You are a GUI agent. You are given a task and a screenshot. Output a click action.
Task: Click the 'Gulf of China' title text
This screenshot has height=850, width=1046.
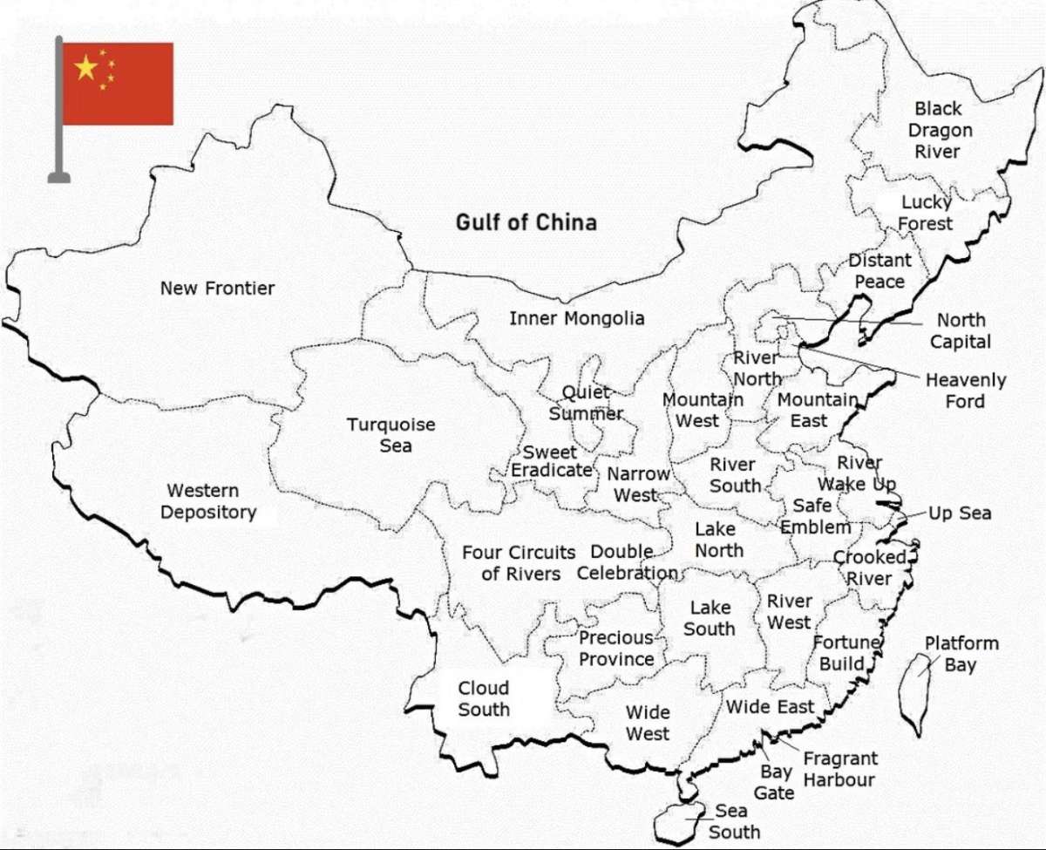coord(526,222)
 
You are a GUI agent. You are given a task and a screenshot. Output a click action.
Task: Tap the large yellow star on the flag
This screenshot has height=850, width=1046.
coord(86,68)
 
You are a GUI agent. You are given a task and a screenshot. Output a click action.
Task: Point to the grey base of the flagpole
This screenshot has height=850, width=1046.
coord(58,178)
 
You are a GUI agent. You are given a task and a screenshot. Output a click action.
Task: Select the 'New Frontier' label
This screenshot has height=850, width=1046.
coord(217,288)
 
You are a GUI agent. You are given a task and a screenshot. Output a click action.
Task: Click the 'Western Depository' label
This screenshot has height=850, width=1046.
coord(208,501)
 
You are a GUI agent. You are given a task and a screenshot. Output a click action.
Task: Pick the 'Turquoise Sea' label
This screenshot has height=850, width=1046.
coord(391,435)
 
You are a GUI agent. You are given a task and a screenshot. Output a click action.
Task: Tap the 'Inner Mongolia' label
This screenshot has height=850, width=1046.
coord(576,318)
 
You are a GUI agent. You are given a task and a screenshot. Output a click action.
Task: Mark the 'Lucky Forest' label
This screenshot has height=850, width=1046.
coord(925,213)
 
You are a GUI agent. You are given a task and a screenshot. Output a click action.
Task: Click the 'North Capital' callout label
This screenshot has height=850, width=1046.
coord(961,330)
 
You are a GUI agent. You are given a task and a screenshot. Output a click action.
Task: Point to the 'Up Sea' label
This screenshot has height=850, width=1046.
coord(959,513)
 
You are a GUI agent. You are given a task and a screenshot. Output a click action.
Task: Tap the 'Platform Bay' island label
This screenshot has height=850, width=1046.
coord(961,654)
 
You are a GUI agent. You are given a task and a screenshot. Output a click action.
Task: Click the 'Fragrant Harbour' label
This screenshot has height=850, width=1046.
coord(839,769)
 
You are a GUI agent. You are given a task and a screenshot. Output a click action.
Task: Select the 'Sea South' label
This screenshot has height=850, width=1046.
coord(733,821)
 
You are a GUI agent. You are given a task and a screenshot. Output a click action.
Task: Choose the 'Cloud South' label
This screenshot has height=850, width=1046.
coord(484,698)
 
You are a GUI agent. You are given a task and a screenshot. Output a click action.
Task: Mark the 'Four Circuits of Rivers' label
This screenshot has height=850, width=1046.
coord(519,563)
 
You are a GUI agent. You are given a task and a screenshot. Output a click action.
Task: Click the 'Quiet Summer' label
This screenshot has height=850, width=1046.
coord(586,403)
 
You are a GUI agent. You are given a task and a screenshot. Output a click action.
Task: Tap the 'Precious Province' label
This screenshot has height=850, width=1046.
coord(616,649)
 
